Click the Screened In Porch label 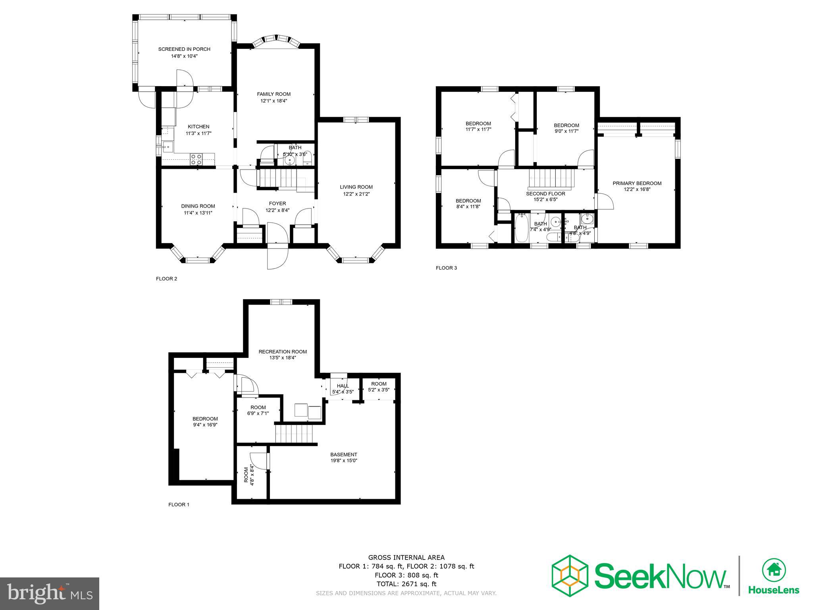tap(184, 49)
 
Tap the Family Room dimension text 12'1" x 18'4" tap(274, 101)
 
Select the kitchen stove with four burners tap(196, 159)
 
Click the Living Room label tap(356, 187)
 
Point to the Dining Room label tap(198, 206)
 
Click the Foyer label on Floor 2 tap(277, 204)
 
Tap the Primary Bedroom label tap(637, 183)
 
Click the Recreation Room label tap(283, 351)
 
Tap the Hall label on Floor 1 tap(343, 386)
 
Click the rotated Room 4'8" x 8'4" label tap(249, 475)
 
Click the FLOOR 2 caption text tap(166, 279)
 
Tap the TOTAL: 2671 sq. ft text tap(406, 584)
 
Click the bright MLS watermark tap(50, 594)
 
